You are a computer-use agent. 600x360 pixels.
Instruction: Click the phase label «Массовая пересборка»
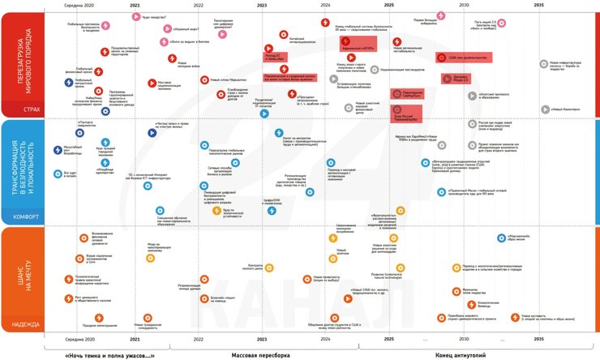pyautogui.click(x=261, y=354)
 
